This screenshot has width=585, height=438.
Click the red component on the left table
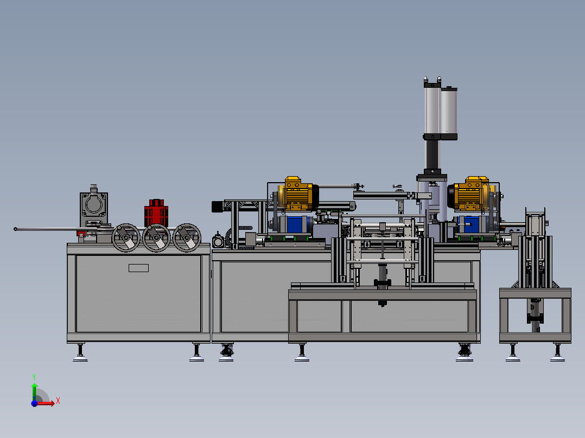pos(156,213)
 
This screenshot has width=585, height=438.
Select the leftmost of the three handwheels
pos(126,238)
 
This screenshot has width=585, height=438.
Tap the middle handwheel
pos(156,238)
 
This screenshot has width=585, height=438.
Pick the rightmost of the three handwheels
pos(187,238)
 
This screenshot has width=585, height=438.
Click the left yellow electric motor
pos(298,194)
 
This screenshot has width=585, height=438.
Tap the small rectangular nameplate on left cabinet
pos(139,268)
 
